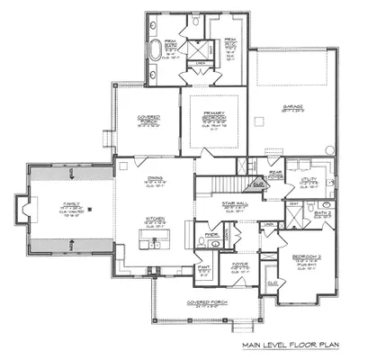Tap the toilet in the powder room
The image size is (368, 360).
[204, 243]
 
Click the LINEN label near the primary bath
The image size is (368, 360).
[203, 63]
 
